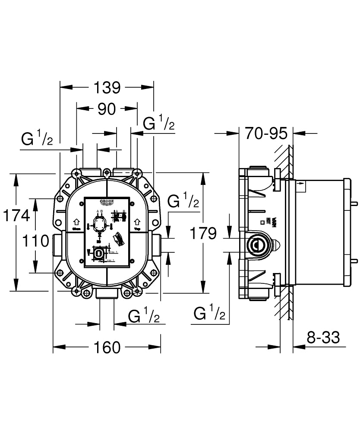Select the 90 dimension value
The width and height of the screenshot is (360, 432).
pos(107,109)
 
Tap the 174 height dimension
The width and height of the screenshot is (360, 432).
pos(16,215)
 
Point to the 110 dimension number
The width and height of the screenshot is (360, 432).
pos(35,241)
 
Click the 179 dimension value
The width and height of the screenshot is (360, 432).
pos(203,234)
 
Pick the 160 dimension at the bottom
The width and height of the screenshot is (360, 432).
pos(107,347)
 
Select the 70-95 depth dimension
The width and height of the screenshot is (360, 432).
pos(266,133)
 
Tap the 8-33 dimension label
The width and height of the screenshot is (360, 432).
pos(323,337)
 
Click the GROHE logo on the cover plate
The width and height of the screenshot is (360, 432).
pos(107,202)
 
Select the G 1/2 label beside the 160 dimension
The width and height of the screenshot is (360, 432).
pos(144,317)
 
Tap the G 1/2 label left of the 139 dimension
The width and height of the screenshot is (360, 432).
pos(37,139)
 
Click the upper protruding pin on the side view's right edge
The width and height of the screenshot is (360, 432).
pos(355,202)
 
